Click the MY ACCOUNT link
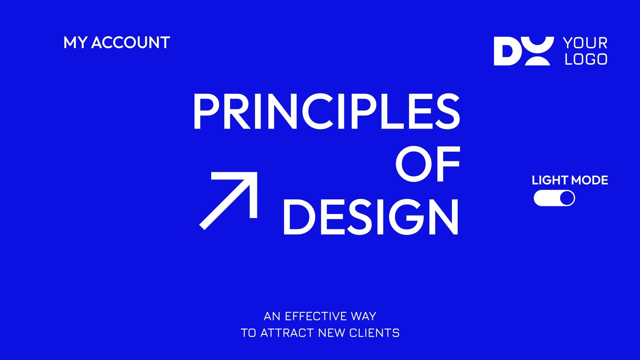pyautogui.click(x=117, y=43)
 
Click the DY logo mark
pyautogui.click(x=524, y=51)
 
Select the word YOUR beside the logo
pyautogui.click(x=585, y=43)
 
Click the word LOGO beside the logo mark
pyautogui.click(x=586, y=59)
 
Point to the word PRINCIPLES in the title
pyautogui.click(x=327, y=111)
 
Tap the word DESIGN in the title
pyautogui.click(x=371, y=217)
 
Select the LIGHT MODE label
pyautogui.click(x=570, y=180)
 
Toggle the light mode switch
pyautogui.click(x=554, y=198)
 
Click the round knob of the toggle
pyautogui.click(x=567, y=198)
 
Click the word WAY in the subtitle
pyautogui.click(x=364, y=316)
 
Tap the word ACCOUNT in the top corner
pyautogui.click(x=131, y=43)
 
